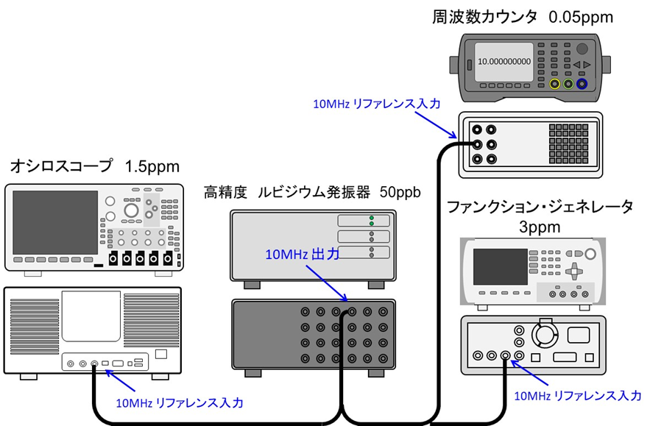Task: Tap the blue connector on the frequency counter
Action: click(582, 85)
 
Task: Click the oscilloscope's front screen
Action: click(56, 221)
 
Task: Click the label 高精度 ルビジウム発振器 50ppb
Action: click(312, 194)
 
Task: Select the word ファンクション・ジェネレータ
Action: click(540, 207)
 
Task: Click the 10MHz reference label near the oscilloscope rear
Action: click(180, 403)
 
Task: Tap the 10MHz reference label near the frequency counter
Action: click(376, 104)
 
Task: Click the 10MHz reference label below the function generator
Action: click(576, 396)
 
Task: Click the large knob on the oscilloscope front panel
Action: click(132, 210)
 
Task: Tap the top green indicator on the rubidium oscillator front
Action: click(372, 219)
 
